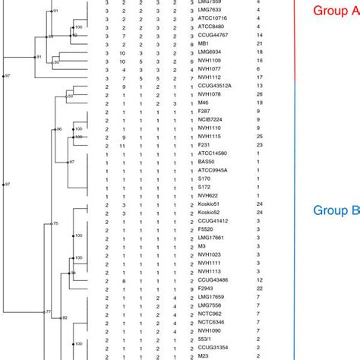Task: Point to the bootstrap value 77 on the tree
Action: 48,312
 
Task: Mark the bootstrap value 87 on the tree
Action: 71,162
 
